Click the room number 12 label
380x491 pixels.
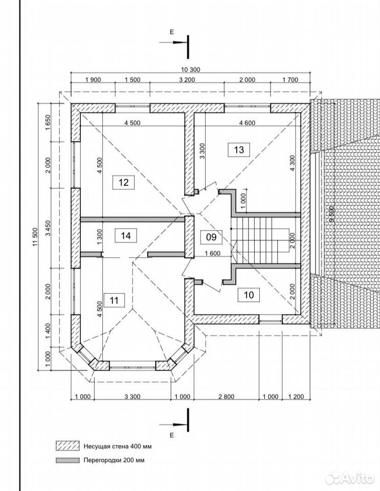click(124, 182)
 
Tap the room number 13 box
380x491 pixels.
click(238, 150)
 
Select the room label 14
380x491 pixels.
click(125, 235)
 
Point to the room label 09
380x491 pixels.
click(211, 237)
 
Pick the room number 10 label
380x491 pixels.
click(249, 295)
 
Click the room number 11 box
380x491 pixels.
click(114, 300)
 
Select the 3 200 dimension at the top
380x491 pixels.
click(187, 80)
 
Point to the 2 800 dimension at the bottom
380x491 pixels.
click(226, 397)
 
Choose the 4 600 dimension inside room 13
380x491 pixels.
click(248, 123)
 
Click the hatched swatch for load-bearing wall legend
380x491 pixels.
click(68, 446)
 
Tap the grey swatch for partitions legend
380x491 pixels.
click(68, 460)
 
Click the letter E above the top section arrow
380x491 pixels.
click(171, 32)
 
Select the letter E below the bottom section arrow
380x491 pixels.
click(171, 435)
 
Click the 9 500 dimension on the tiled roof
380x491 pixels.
click(331, 214)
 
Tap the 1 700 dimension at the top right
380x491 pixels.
click(290, 80)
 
